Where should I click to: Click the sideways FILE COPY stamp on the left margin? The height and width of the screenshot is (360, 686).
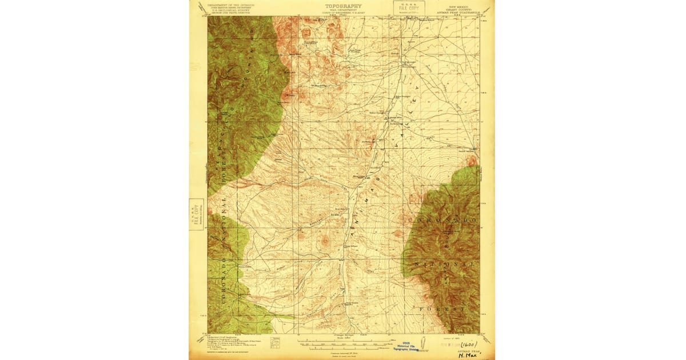point(196,215)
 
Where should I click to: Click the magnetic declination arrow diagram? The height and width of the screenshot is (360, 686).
point(276,342)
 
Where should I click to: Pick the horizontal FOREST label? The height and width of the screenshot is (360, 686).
point(440,309)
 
